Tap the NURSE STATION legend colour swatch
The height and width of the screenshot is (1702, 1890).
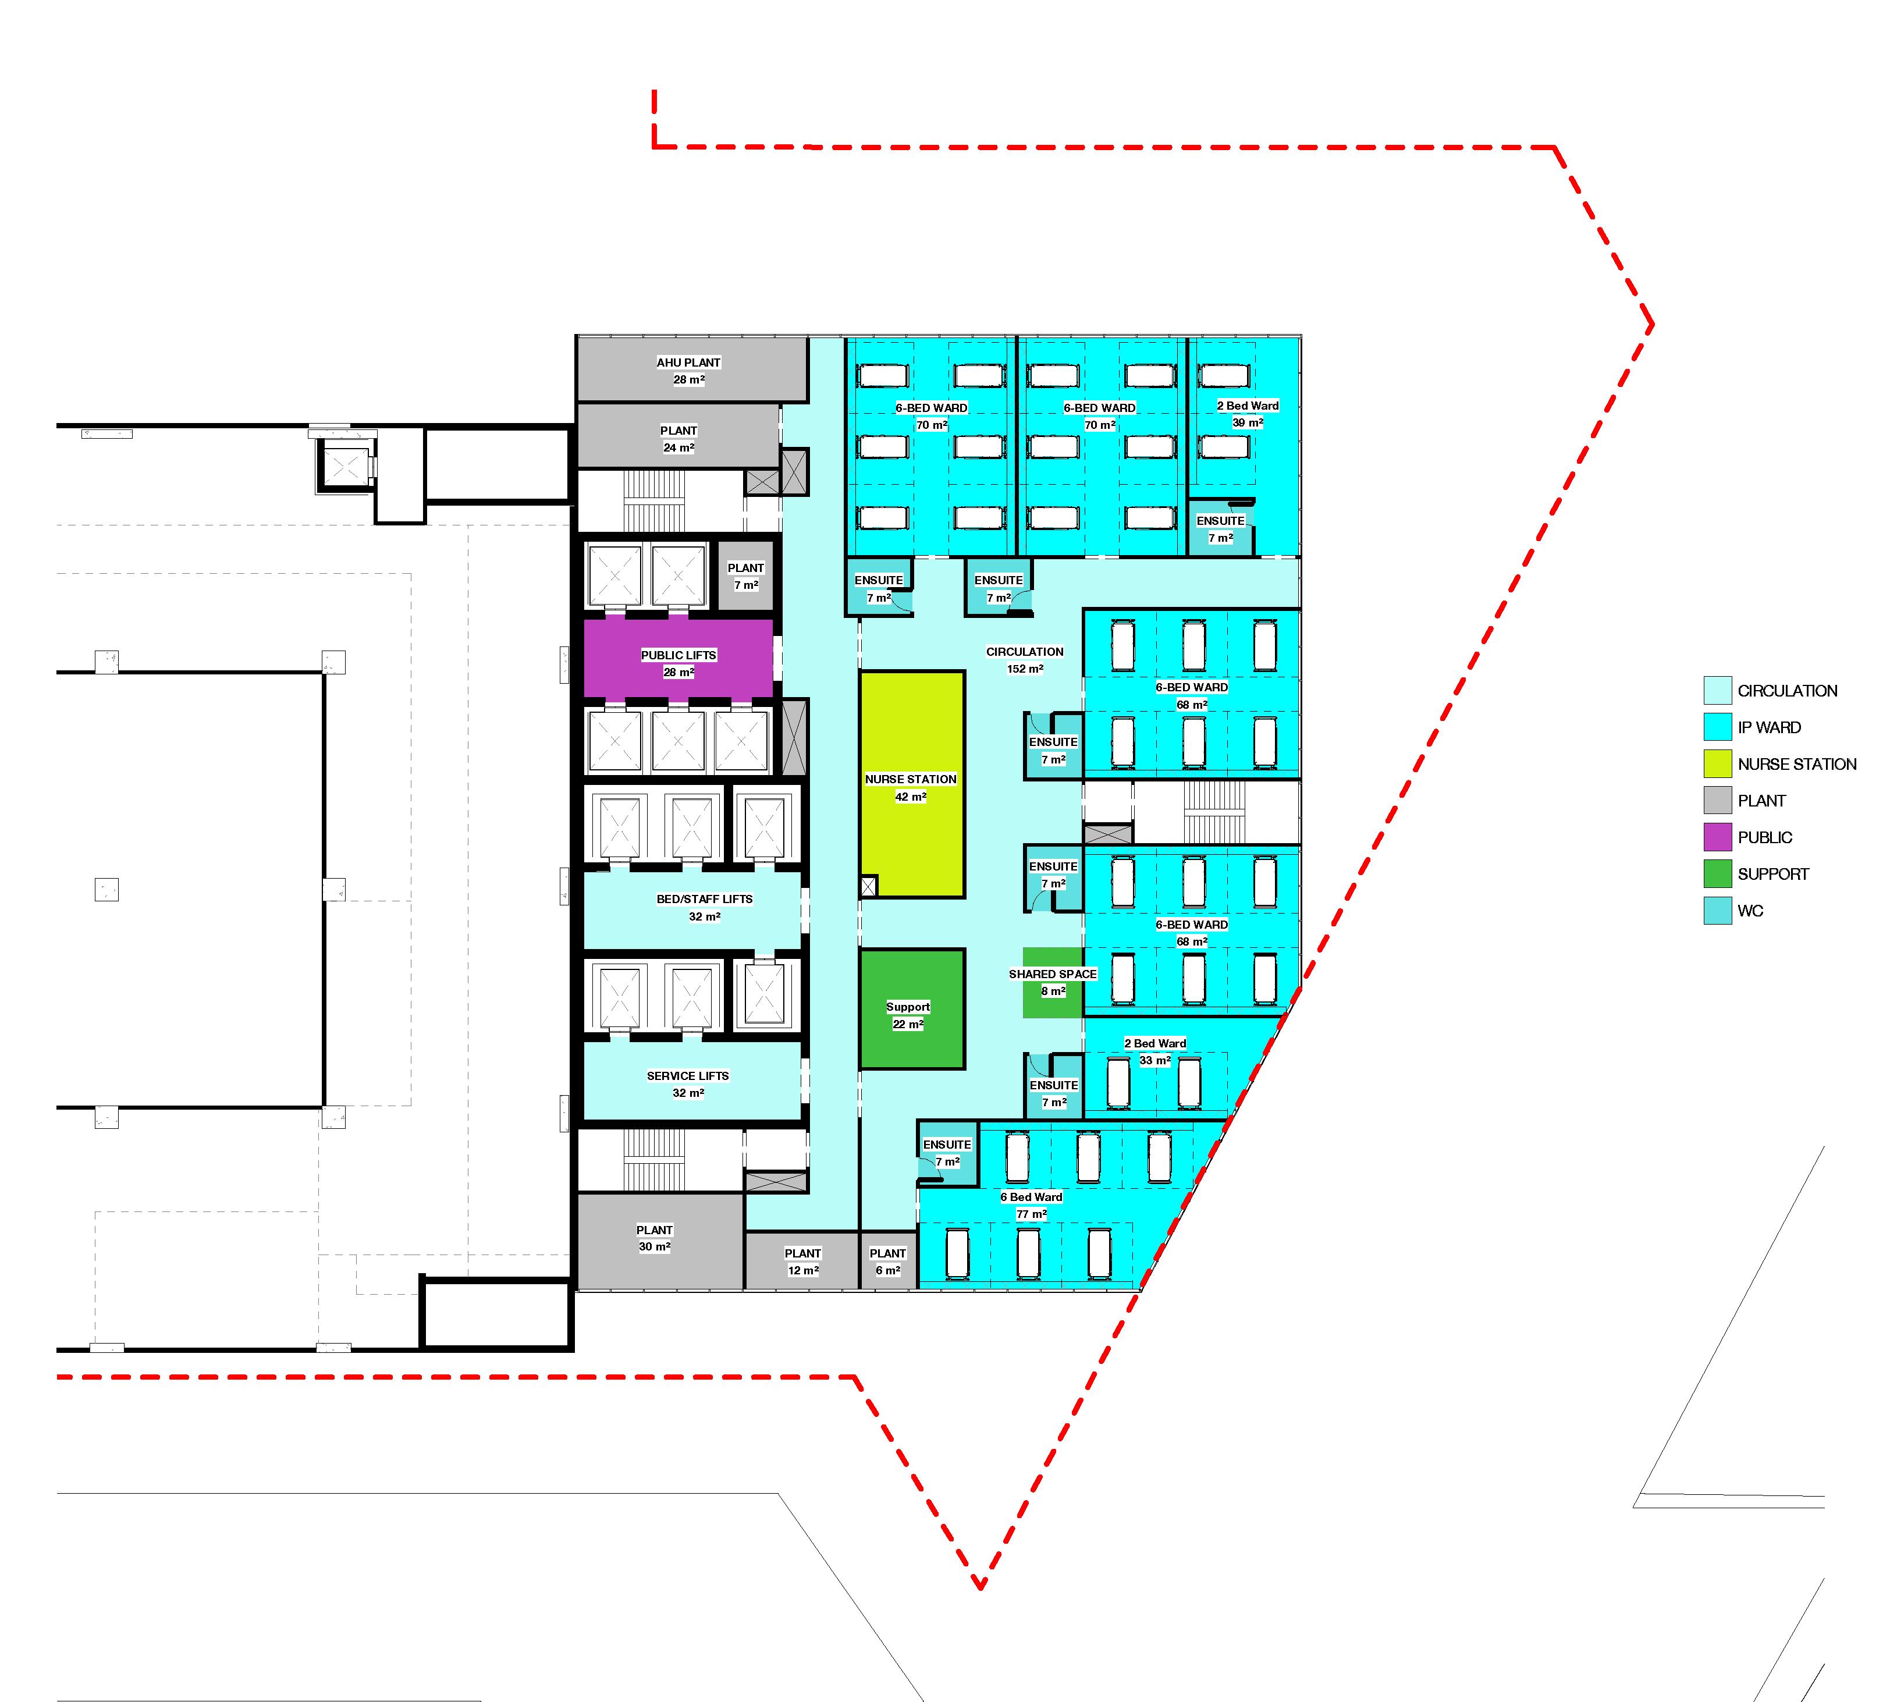coord(1717,764)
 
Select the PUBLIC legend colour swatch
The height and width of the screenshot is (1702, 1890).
coord(1717,837)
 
